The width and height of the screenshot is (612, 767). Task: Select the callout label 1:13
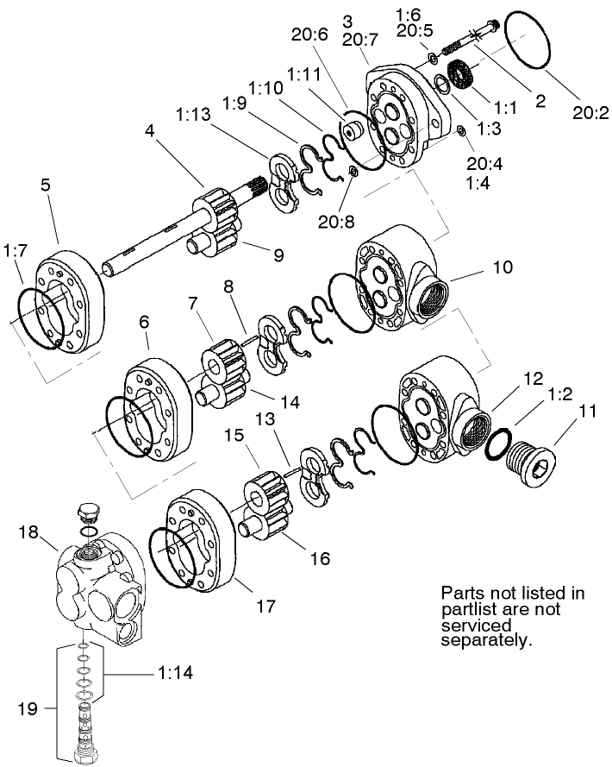coord(196,114)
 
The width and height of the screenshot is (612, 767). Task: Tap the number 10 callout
coord(503,267)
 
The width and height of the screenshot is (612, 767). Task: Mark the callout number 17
coord(265,606)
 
